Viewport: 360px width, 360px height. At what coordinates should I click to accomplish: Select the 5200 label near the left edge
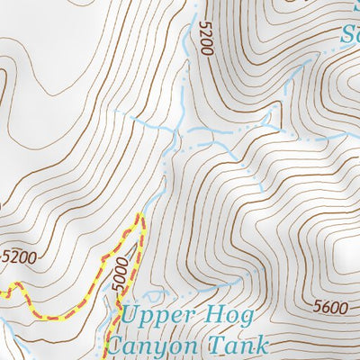click(20, 256)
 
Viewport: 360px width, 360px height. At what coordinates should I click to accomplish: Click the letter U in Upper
click(132, 316)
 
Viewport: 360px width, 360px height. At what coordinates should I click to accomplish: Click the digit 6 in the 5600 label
click(325, 308)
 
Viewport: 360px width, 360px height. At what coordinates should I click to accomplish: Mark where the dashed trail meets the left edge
click(1, 290)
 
